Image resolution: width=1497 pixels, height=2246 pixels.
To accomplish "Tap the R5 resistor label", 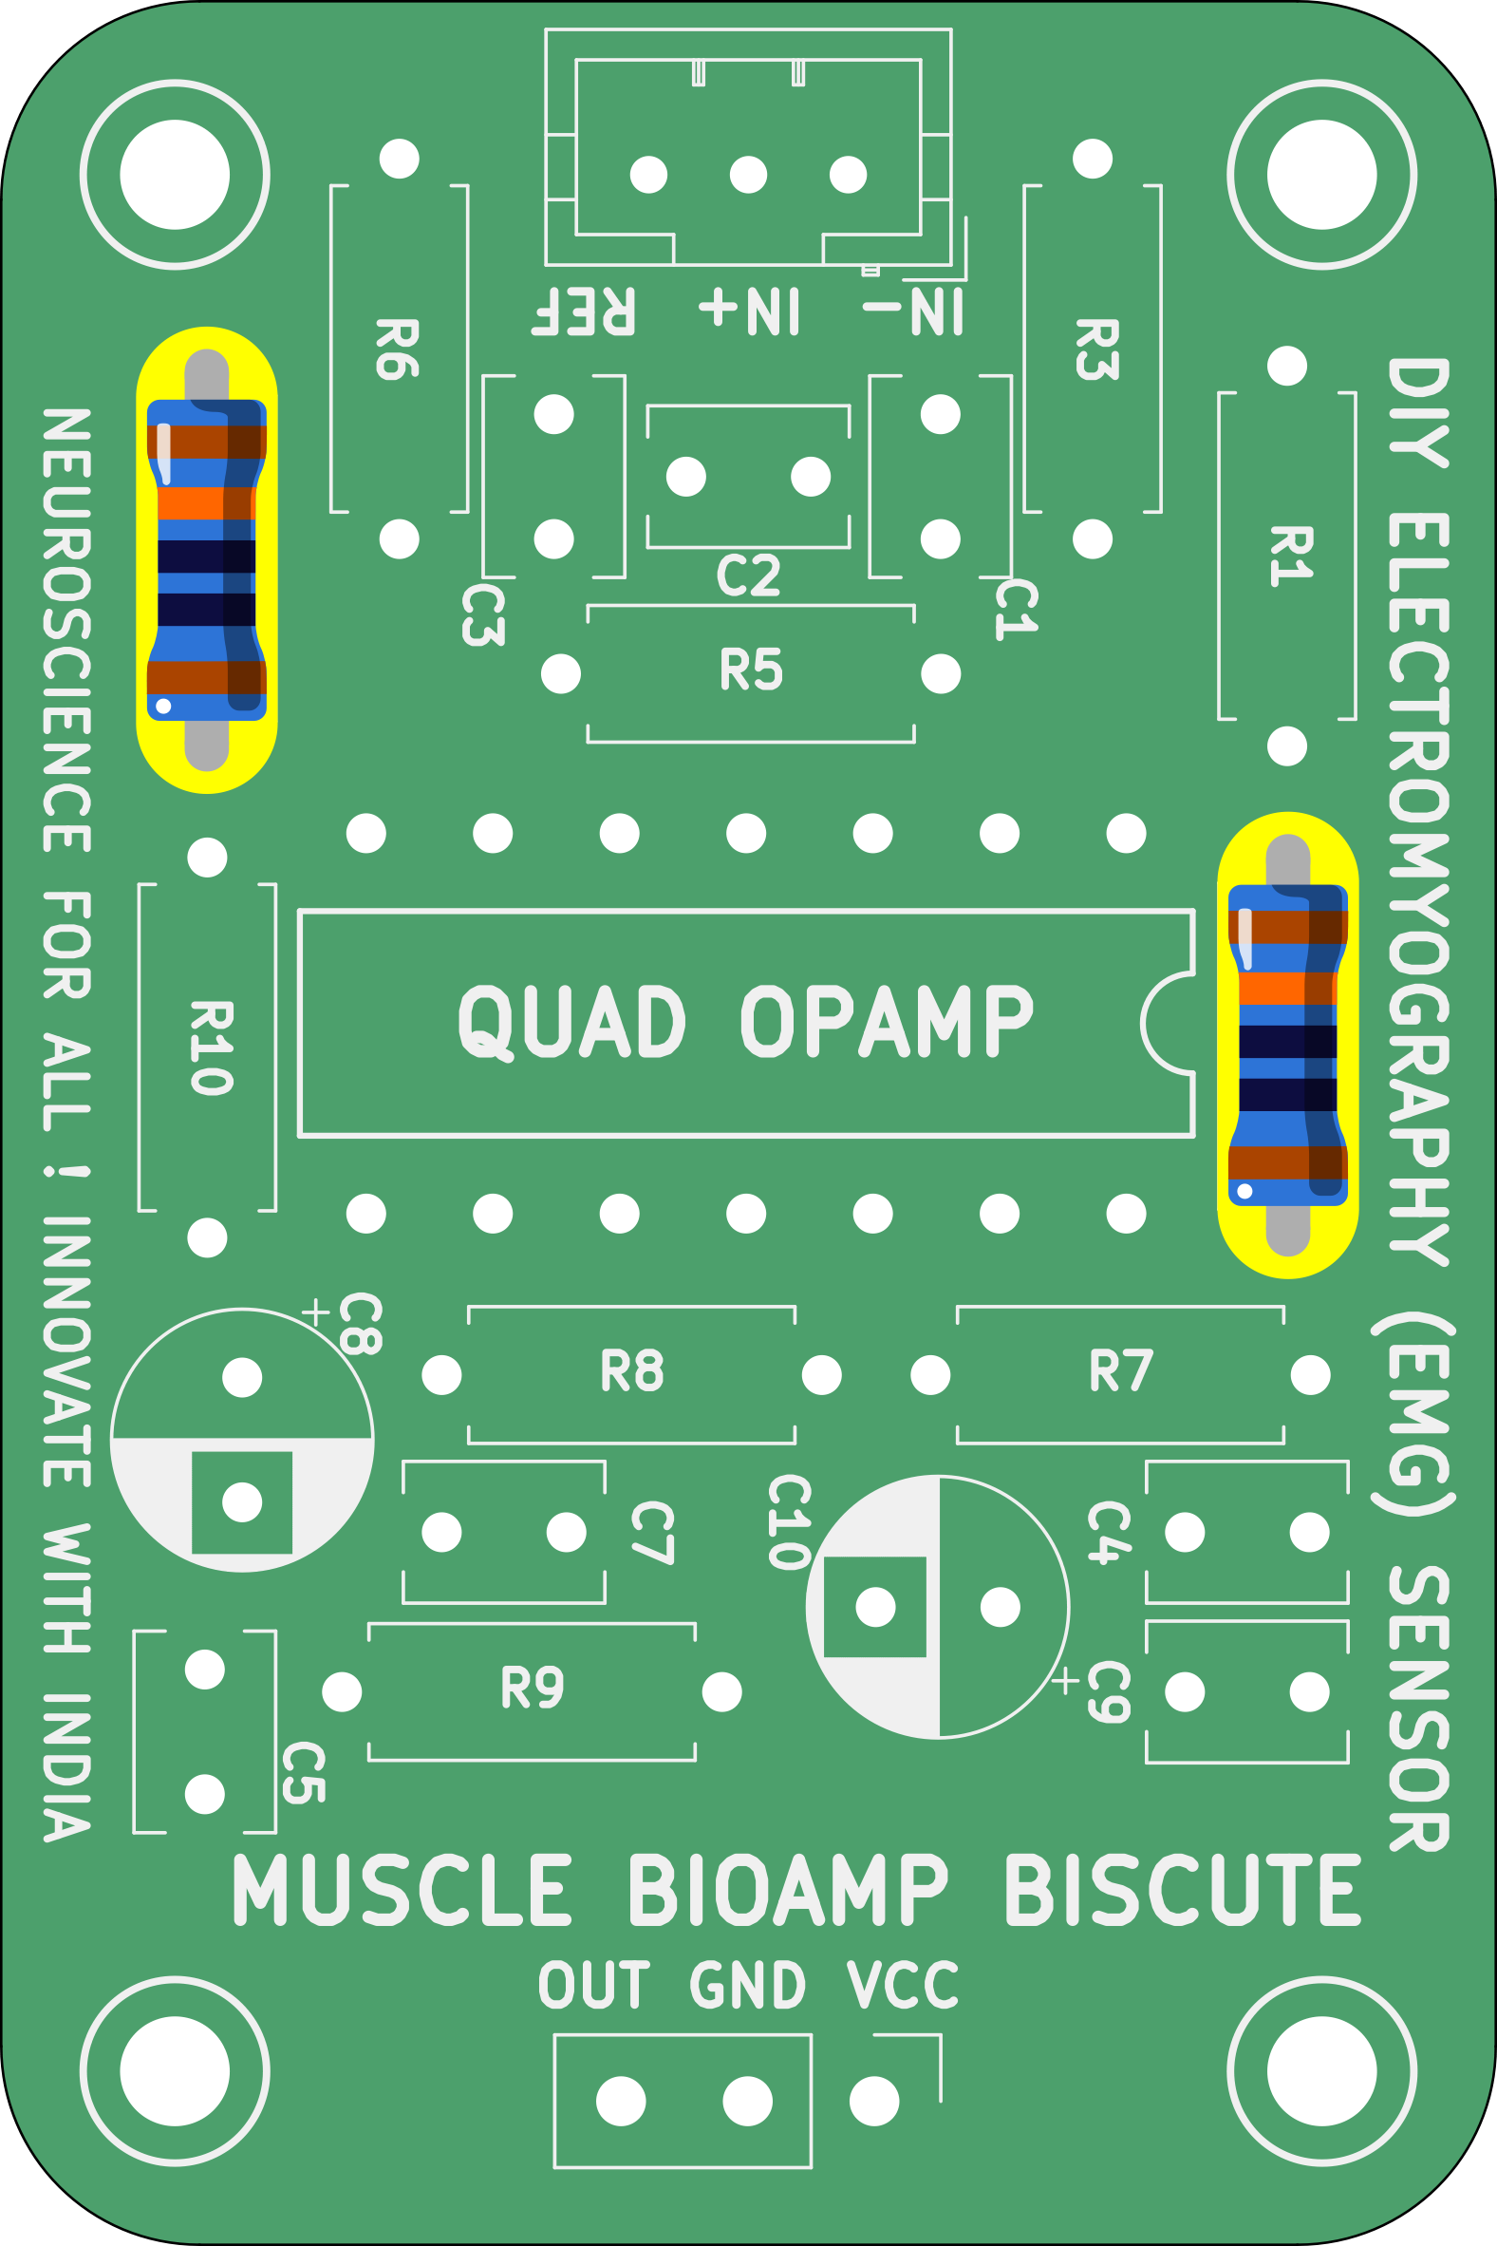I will coord(751,670).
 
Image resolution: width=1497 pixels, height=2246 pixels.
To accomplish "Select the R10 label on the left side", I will coord(210,1048).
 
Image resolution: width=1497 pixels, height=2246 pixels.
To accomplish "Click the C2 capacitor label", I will coord(748,576).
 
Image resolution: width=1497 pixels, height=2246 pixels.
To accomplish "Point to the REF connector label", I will coord(584,311).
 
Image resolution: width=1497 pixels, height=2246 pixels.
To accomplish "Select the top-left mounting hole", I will coord(175,175).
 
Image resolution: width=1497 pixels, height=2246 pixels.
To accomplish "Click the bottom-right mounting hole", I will coord(1321,2071).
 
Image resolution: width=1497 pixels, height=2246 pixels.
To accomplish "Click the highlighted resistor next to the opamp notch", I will coord(1287,1045).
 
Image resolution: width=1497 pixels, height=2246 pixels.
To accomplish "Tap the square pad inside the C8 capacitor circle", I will coord(241,1502).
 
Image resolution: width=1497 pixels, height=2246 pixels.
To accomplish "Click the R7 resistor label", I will coord(1121,1371).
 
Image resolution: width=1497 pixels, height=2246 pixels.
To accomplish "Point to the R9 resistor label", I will coord(532,1688).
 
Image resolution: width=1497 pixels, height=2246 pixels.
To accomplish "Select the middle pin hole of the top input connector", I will coord(747,175).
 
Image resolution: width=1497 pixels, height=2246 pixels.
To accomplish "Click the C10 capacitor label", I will coord(790,1521).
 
